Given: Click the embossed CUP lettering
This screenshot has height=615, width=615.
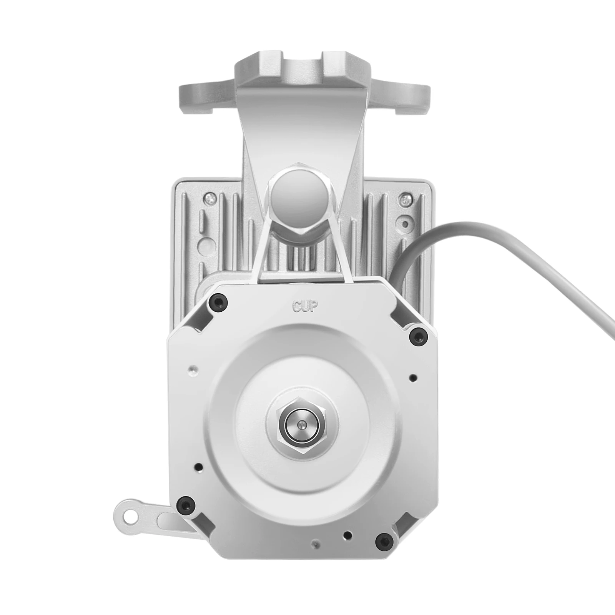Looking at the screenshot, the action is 305,306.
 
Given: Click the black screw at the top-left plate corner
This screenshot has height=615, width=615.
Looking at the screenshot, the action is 218,303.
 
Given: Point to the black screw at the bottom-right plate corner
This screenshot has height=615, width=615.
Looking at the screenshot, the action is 384,542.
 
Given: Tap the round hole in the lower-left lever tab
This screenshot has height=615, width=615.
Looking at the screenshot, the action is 131,515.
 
